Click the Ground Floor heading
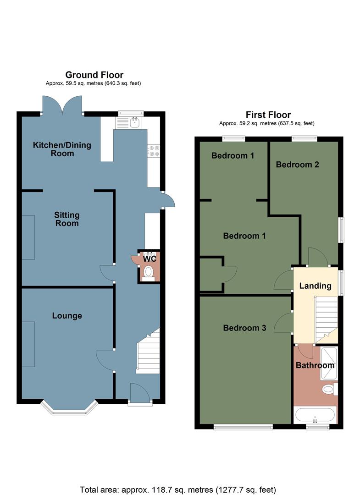pyautogui.click(x=94, y=75)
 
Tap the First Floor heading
pyautogui.click(x=268, y=115)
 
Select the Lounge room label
pyautogui.click(x=67, y=316)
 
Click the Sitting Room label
pyautogui.click(x=67, y=219)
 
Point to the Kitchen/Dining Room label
pyautogui.click(x=62, y=149)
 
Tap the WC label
pyautogui.click(x=150, y=259)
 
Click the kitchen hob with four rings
pyautogui.click(x=154, y=151)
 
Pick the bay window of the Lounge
pyautogui.click(x=69, y=407)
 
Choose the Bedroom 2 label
pyautogui.click(x=297, y=165)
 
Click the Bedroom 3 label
pyautogui.click(x=244, y=328)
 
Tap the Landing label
pyautogui.click(x=315, y=286)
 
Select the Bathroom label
pyautogui.click(x=315, y=366)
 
